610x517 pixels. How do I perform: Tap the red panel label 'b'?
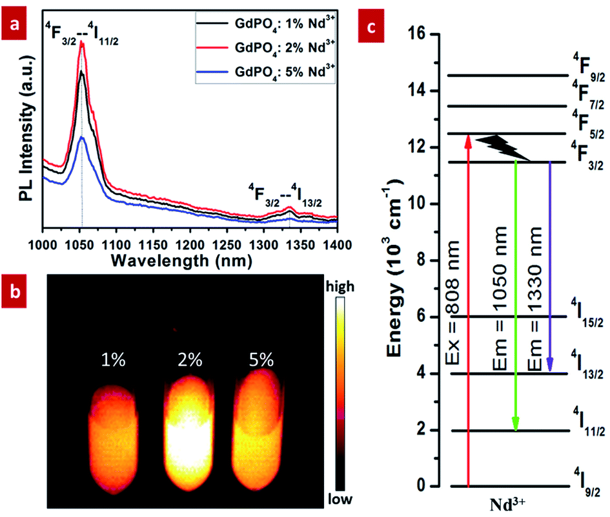click(14, 291)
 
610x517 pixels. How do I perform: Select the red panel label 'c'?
click(371, 26)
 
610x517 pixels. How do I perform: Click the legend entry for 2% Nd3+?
click(265, 48)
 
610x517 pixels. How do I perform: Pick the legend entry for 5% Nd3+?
click(265, 72)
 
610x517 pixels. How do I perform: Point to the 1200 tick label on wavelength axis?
click(190, 245)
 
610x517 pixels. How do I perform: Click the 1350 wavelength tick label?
click(300, 245)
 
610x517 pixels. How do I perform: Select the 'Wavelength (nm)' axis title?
click(181, 260)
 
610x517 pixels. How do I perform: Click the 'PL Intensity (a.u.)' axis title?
click(26, 129)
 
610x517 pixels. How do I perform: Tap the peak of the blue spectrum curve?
click(82, 137)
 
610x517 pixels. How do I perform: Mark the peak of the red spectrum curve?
click(82, 41)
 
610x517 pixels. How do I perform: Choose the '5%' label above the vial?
click(261, 359)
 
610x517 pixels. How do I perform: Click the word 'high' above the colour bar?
click(340, 286)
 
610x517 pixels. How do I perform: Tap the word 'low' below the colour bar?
click(340, 499)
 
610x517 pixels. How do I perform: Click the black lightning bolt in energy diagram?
click(503, 148)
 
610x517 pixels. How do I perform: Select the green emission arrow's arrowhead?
click(516, 423)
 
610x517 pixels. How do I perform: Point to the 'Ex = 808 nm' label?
click(452, 302)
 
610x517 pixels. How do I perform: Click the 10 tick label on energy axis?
click(418, 204)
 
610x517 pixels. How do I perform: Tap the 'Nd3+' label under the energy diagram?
click(507, 504)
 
